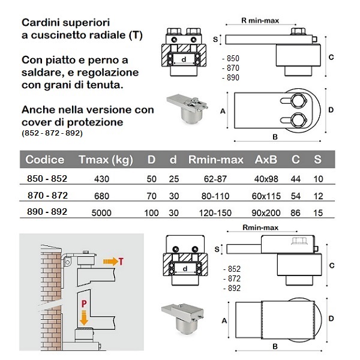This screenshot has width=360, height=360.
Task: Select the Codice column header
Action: pos(45,160)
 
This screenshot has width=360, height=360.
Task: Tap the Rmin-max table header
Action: pos(215,160)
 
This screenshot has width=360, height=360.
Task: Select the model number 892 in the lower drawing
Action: pos(232,288)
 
